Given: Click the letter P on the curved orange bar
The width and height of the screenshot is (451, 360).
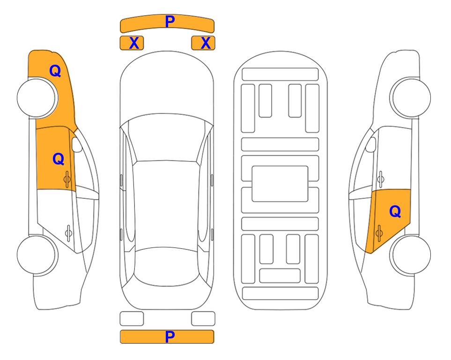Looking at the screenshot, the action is coord(170,22).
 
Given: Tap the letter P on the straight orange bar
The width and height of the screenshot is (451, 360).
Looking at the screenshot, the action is coord(170,337).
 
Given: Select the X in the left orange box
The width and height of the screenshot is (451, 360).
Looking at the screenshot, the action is coord(134,43).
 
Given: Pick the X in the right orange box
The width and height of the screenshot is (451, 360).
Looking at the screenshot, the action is coord(206,43).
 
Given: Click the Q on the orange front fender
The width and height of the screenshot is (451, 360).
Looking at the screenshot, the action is coord(55,71).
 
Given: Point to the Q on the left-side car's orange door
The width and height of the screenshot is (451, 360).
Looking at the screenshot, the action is coord(59,159).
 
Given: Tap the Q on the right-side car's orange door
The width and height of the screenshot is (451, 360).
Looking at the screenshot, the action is coord(395,212).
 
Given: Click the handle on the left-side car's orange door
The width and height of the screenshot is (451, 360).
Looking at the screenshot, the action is coord(67,180).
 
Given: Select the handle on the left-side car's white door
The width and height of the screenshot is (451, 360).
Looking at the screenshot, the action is coord(68,232).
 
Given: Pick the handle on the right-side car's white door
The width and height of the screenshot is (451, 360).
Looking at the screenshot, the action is coord(381,179).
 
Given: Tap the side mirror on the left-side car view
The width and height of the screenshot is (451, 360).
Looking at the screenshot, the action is coord(77,144).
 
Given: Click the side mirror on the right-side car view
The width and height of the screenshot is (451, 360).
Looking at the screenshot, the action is coord(370,144).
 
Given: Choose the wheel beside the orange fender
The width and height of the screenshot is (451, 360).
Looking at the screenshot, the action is coord(37,97).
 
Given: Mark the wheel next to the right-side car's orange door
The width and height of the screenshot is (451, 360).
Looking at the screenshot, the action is coord(411,255).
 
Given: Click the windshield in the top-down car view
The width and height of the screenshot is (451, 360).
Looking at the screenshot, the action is coord(167,138).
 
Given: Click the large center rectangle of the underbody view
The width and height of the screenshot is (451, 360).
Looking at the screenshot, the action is coord(280,184).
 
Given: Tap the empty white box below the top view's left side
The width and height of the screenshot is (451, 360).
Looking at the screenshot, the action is coord(132,319).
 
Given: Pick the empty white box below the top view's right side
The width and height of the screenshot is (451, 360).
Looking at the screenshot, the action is coord(203,319).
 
